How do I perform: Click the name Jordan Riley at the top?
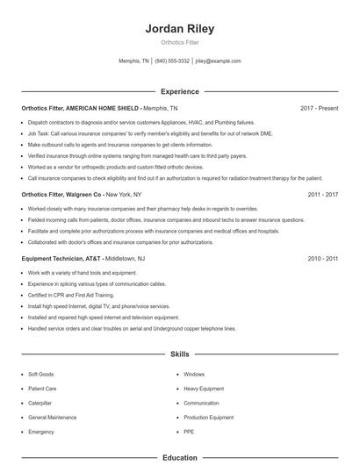click(x=180, y=29)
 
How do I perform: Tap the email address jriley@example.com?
click(x=218, y=61)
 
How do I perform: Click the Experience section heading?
click(x=180, y=91)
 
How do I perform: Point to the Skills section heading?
click(x=180, y=354)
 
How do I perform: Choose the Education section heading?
click(x=180, y=457)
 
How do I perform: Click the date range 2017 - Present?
click(x=319, y=108)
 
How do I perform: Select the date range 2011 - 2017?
click(x=323, y=194)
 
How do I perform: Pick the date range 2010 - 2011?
click(x=323, y=259)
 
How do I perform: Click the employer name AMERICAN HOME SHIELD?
click(x=102, y=108)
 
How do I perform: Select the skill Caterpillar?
click(x=41, y=403)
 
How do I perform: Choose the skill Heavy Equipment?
click(x=204, y=388)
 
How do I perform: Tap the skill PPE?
click(x=189, y=432)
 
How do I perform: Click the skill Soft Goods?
click(x=41, y=374)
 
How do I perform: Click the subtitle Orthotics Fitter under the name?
click(x=180, y=42)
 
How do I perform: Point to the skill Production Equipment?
click(x=209, y=418)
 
